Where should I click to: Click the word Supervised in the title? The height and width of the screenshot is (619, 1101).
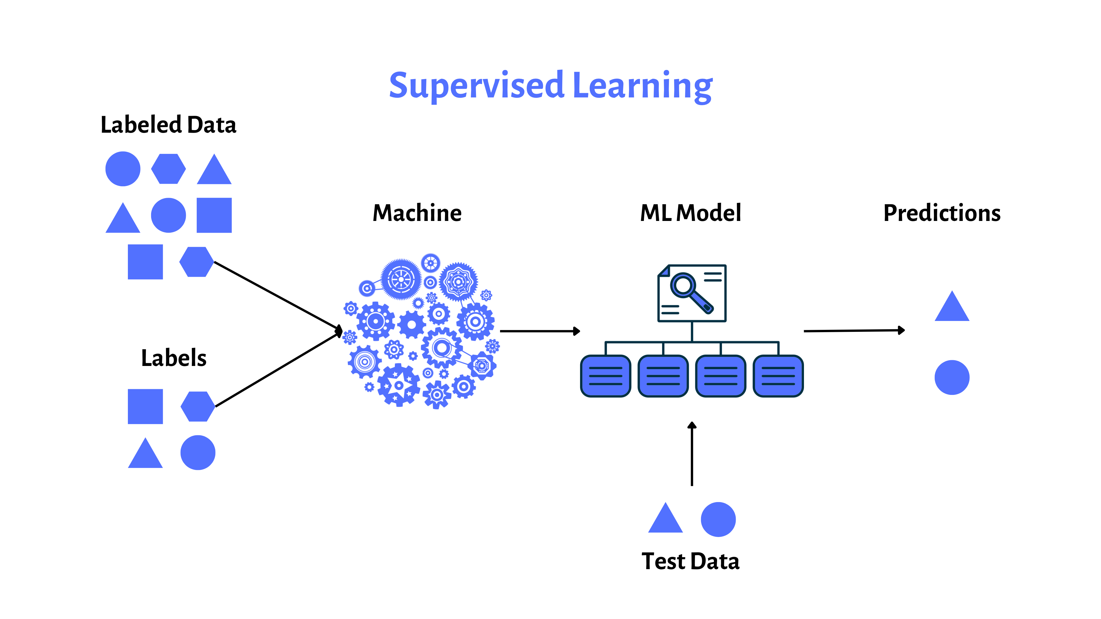click(477, 85)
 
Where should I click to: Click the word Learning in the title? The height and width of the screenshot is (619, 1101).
click(642, 85)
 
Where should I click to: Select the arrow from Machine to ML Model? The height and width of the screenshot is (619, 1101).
click(539, 331)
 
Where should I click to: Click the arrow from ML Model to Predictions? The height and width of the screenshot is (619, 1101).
click(854, 331)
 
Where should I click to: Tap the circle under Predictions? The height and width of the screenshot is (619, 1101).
click(952, 377)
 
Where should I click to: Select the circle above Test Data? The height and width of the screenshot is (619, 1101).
click(718, 519)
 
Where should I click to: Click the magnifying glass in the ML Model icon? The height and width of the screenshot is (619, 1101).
click(689, 292)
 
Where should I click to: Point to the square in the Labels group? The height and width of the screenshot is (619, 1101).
click(145, 406)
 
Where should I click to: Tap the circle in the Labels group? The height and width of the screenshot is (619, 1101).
click(198, 453)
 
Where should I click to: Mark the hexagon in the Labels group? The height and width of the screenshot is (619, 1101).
click(198, 406)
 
